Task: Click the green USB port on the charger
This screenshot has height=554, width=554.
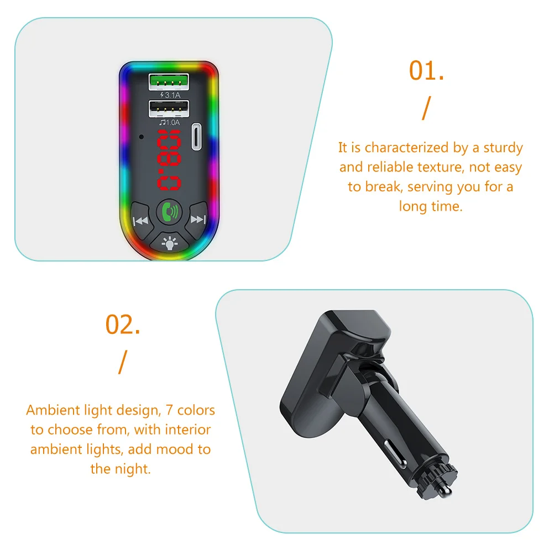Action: [169, 82]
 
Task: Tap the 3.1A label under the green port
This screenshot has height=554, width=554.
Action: [170, 95]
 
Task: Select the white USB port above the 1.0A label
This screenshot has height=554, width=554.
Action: [169, 109]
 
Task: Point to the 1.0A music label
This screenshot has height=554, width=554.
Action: [170, 122]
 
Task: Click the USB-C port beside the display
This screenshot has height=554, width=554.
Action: [196, 137]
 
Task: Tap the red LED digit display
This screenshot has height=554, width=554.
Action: [169, 160]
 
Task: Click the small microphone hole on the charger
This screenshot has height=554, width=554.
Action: [142, 137]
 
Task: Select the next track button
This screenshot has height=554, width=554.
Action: [197, 219]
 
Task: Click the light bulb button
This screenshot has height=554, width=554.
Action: [170, 243]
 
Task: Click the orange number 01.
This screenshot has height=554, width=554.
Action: [426, 71]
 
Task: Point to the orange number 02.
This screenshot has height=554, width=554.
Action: [123, 325]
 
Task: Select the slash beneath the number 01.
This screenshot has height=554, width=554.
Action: [427, 108]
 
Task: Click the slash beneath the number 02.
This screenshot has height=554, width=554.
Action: [123, 362]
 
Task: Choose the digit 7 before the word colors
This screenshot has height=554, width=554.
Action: [169, 410]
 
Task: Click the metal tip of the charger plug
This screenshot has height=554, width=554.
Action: [446, 490]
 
